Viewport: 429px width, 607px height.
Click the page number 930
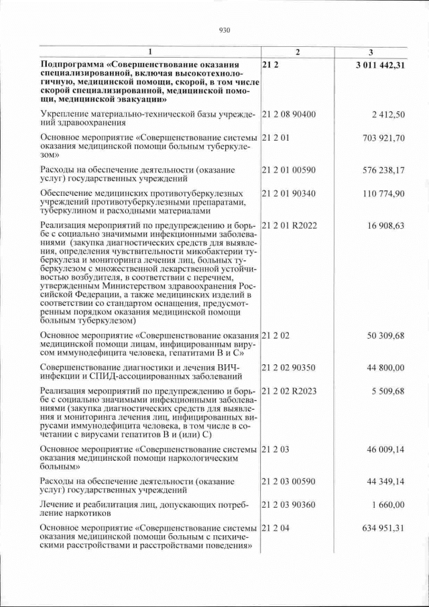(x=225, y=30)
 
